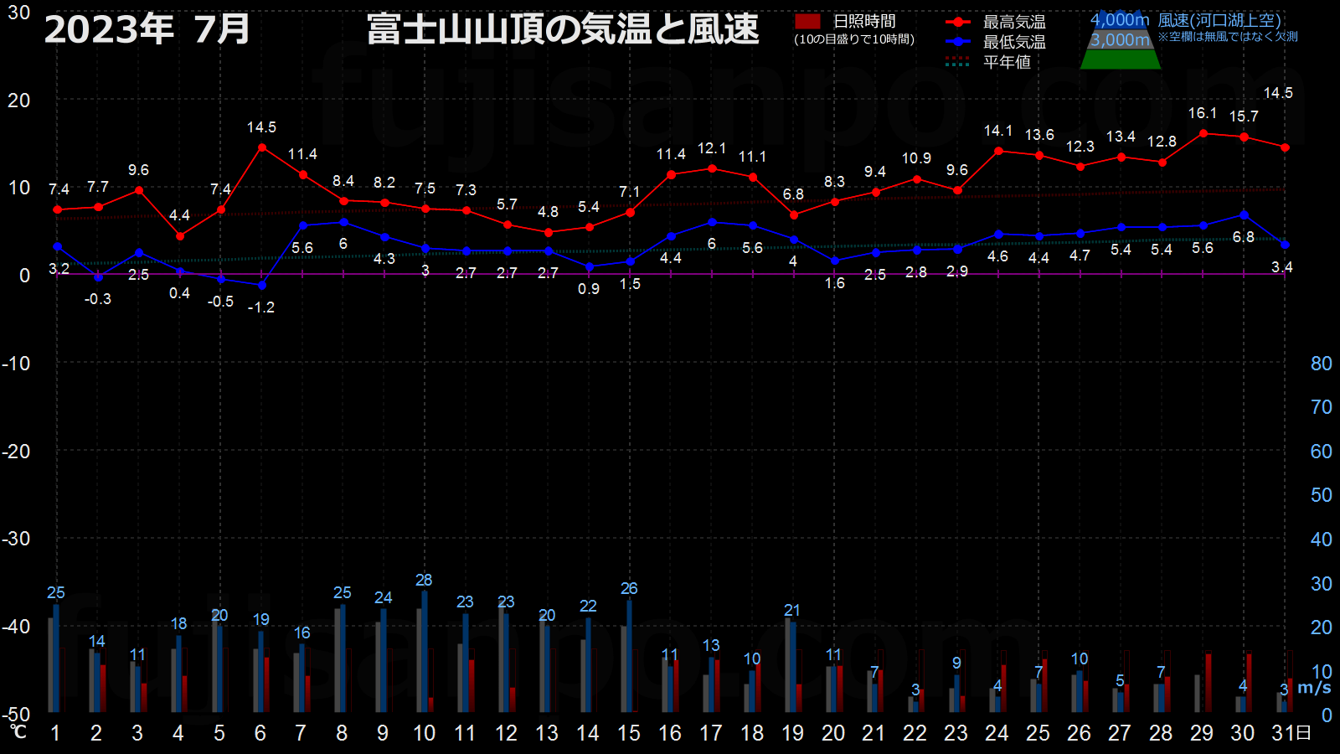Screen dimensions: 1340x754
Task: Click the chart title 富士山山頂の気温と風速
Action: pos(563,28)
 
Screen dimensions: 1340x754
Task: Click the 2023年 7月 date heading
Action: pos(147,29)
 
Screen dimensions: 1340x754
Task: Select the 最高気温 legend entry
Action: pos(996,22)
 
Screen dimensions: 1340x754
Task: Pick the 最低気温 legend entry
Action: pos(996,42)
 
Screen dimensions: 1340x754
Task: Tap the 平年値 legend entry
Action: pos(988,62)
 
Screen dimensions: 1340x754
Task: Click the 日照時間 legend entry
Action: pos(845,22)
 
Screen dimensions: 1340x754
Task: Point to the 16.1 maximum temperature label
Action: pos(1203,113)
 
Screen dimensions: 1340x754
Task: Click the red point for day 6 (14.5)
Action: pos(262,147)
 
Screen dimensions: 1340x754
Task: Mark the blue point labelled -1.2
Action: pos(262,286)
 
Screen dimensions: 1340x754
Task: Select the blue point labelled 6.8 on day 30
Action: pos(1245,214)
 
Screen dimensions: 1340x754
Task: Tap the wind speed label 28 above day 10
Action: pos(424,580)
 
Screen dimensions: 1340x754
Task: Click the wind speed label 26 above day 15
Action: pos(629,589)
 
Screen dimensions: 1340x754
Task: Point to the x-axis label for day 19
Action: pos(792,733)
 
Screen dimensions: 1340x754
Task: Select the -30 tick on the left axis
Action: pos(16,539)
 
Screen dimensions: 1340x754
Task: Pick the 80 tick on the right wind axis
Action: pos(1322,364)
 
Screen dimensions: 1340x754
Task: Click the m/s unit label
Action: pos(1314,688)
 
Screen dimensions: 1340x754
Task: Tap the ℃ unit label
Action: pos(18,731)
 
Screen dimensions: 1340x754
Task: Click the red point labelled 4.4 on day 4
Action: pos(180,236)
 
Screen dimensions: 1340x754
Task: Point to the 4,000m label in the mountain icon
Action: pos(1119,20)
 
